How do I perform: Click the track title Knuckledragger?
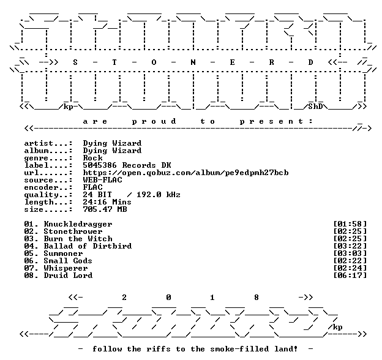coord(78,224)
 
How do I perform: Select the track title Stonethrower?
coord(73,231)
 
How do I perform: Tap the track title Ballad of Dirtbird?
coord(88,246)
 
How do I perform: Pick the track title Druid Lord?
coord(68,276)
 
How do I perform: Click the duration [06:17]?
coord(350,276)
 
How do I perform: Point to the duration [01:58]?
coord(350,224)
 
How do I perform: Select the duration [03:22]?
coord(350,246)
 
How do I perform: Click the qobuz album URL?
coord(185,173)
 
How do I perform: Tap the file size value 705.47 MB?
coord(105,209)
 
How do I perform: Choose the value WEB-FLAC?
coord(103,180)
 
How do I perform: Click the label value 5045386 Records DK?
coord(127,165)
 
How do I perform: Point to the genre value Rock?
coord(93,158)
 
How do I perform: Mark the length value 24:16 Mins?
coord(107,202)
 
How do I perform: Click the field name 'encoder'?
coord(41,187)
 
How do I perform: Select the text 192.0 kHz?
coord(159,195)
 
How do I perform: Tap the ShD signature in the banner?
coord(315,107)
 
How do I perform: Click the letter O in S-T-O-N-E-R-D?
coord(154,62)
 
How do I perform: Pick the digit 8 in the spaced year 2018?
coord(257,298)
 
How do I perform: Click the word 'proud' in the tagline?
coord(154,122)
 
